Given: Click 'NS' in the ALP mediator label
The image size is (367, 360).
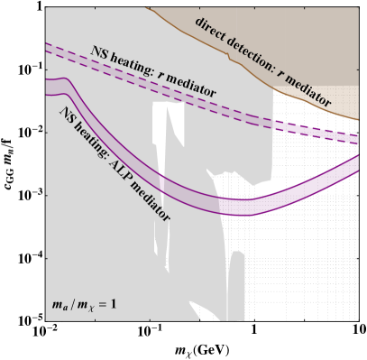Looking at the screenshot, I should tap(67, 114).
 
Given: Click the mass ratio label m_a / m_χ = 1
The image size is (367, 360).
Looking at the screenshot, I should tap(84, 304).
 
